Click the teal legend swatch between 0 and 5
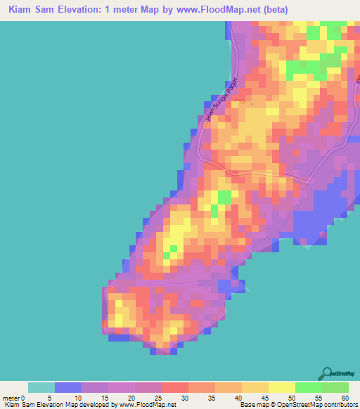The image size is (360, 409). coord(41,387)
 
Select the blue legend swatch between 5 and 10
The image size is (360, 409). coord(68,387)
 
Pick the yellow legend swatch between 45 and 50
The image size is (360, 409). coord(282,387)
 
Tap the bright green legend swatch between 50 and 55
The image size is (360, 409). coord(309,387)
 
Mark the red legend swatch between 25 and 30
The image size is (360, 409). coord(175,387)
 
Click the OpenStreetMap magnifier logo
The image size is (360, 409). coord(328,373)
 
